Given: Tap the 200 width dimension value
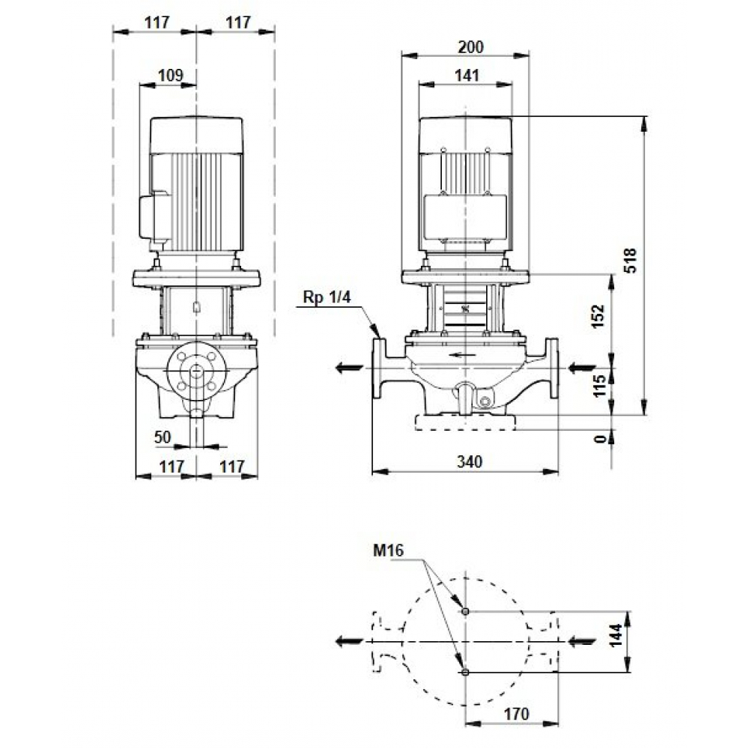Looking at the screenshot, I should pos(470,46).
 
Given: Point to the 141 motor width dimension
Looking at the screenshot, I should pos(466,75).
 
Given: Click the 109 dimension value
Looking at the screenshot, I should pos(169,75).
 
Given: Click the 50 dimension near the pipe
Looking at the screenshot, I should pos(163,437).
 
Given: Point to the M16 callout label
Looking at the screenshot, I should pos(389,551).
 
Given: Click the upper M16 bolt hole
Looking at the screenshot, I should pos(466,611).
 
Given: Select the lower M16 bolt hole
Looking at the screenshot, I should pos(466,672).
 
